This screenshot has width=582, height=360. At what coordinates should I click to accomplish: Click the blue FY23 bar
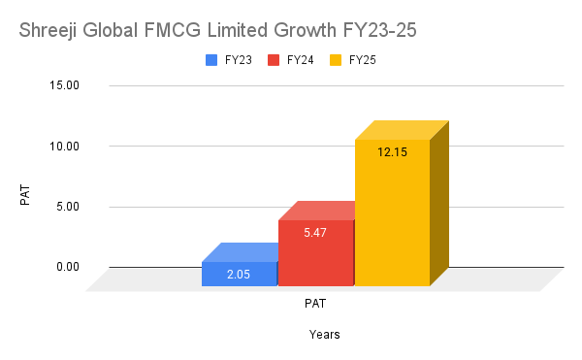(x=239, y=274)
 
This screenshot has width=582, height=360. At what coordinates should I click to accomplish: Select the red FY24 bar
(x=315, y=252)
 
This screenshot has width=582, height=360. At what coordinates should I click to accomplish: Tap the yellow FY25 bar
(x=391, y=213)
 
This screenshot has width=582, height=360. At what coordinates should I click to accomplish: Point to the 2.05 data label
(x=239, y=275)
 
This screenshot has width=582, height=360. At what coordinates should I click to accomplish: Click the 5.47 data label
(x=315, y=233)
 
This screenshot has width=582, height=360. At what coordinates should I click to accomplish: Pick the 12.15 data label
(x=392, y=152)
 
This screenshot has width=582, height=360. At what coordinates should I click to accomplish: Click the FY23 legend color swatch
(x=211, y=60)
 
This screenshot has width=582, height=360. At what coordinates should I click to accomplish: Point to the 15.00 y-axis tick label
(x=63, y=85)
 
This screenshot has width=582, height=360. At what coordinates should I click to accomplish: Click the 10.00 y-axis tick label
(x=63, y=146)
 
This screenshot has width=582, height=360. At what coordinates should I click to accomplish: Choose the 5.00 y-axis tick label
(x=66, y=206)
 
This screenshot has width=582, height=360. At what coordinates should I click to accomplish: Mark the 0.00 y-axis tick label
(x=66, y=266)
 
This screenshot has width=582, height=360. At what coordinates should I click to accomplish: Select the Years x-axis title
(x=324, y=335)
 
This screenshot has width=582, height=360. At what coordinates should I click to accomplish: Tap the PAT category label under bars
(x=315, y=303)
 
